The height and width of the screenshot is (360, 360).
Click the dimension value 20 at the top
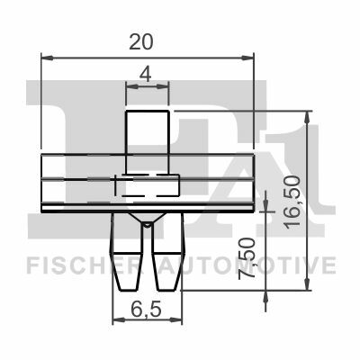click(x=141, y=42)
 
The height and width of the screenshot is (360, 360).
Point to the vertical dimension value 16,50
click(x=292, y=202)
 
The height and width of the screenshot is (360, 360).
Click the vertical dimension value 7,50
click(x=247, y=258)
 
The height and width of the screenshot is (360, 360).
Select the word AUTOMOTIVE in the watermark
click(x=247, y=265)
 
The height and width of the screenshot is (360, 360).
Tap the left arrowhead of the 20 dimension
click(x=47, y=58)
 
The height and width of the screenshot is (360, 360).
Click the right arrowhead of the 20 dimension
click(x=247, y=58)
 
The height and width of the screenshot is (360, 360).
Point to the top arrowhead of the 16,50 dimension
click(x=307, y=117)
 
